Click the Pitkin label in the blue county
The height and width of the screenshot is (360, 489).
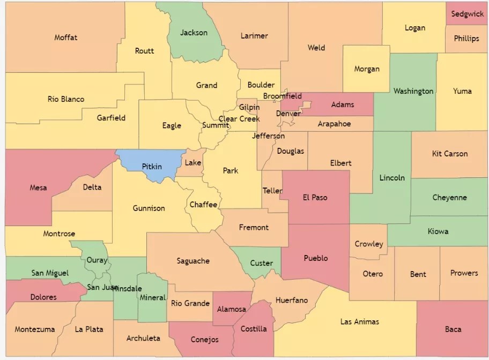point(152,167)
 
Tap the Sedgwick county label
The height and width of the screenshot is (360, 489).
point(467,14)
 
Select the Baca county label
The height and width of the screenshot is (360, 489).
point(453,329)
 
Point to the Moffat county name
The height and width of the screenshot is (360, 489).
point(65,37)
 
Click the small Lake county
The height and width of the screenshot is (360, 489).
point(193,163)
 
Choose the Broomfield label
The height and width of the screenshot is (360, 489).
point(282,96)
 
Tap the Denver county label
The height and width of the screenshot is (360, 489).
point(288,114)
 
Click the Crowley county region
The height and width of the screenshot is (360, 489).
point(369,244)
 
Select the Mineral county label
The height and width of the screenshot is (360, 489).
point(152,298)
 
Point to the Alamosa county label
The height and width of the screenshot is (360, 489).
point(232,309)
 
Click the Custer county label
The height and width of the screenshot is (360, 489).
point(262,263)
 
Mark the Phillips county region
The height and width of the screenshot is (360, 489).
point(466,39)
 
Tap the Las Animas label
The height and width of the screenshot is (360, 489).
point(359,321)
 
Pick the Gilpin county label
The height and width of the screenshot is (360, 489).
point(249,108)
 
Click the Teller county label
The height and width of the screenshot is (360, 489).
point(272,191)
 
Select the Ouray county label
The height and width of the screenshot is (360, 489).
point(97,260)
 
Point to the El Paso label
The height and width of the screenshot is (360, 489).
point(315,197)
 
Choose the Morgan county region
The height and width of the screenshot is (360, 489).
point(367,69)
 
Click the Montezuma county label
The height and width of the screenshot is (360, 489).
point(35,329)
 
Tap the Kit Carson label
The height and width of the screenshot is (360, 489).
point(449,154)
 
